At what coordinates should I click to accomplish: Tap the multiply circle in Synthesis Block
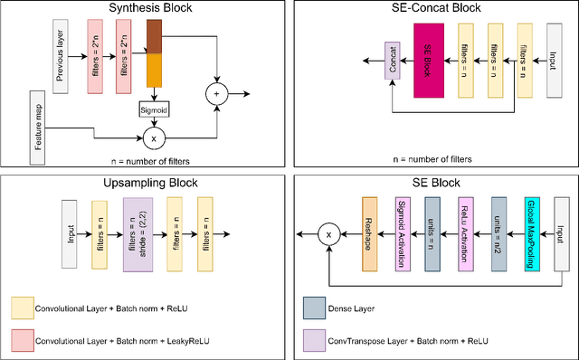(153, 138)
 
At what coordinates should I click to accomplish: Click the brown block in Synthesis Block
(153, 39)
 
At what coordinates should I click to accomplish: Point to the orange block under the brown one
(153, 70)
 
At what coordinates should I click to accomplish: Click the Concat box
(392, 62)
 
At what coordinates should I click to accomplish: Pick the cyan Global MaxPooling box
(531, 233)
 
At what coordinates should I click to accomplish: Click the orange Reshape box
(368, 233)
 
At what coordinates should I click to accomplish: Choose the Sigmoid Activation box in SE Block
(401, 233)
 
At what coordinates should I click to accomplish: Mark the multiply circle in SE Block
(328, 234)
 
